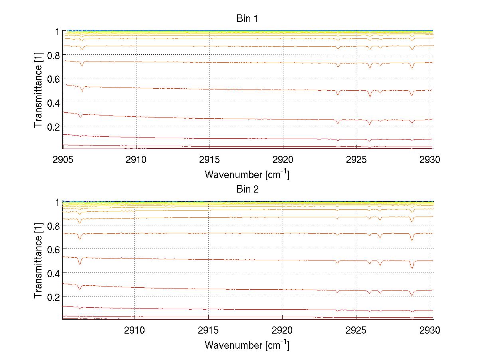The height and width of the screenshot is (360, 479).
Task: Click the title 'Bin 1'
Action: click(x=247, y=19)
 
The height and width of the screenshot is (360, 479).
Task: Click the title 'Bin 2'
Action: click(x=247, y=189)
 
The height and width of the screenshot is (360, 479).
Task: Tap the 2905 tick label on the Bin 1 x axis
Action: click(x=63, y=160)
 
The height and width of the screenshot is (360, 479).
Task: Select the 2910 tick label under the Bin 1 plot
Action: click(x=137, y=160)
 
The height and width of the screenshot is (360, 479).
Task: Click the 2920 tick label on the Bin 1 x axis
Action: click(x=283, y=160)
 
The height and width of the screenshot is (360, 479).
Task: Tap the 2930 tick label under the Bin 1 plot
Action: click(x=430, y=160)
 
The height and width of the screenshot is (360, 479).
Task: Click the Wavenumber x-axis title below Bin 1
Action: click(x=247, y=174)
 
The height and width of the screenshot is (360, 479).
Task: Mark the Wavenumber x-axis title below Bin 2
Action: click(x=247, y=345)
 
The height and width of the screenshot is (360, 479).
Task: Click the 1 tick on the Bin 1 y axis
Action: click(x=57, y=32)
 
